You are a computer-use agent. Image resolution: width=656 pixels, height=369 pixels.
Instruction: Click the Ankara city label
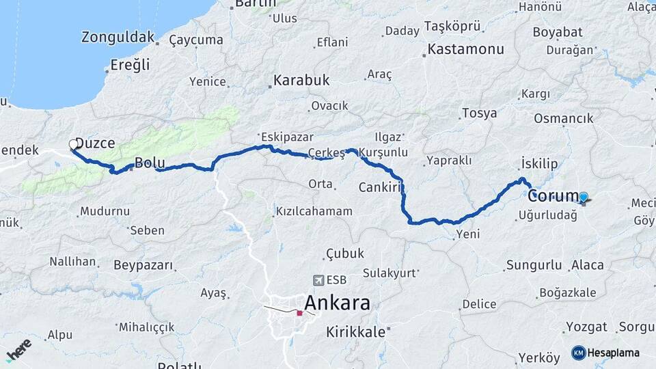337,303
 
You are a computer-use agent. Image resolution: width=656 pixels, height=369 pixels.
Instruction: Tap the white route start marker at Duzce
73,144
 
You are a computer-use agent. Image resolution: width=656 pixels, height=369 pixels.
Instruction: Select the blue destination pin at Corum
583,197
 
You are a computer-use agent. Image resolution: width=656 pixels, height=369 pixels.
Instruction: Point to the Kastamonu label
466,49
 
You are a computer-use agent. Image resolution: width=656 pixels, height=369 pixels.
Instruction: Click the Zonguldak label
118,37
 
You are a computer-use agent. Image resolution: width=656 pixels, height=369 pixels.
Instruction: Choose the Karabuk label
301,81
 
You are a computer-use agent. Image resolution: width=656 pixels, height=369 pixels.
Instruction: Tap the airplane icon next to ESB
318,279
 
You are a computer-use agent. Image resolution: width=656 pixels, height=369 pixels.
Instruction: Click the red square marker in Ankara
299,313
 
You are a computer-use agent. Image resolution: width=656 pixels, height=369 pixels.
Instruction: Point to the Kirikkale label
355,331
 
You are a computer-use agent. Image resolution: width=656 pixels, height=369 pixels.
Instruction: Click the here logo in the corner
18,349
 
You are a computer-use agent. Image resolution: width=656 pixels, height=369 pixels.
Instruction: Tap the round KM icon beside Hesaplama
578,353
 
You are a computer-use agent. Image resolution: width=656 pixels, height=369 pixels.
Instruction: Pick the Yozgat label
586,327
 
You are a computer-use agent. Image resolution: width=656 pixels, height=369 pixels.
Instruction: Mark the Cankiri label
378,187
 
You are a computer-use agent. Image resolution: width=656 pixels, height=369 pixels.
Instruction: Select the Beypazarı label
143,264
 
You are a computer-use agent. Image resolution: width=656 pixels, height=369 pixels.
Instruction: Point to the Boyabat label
557,32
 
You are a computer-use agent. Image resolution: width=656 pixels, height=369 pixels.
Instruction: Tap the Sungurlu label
530,265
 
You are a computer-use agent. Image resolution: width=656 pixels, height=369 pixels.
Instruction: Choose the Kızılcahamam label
314,211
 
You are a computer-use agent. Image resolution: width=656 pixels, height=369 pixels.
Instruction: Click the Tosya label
479,113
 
